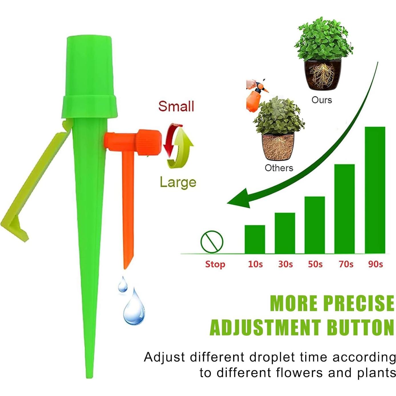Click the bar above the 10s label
pos(255,239)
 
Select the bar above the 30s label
pos(285,233)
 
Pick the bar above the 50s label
pos(315,225)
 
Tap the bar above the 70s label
pos(344,209)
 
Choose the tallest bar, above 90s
pos(375,190)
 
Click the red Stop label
pos(215,264)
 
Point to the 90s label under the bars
pos(375,264)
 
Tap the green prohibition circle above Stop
pos(212,242)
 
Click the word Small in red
pos(176,106)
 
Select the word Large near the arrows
pos(178,182)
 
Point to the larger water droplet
pos(134,309)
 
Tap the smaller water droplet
pos(123,284)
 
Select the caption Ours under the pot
pos(322,100)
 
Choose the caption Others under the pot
pos(279,168)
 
